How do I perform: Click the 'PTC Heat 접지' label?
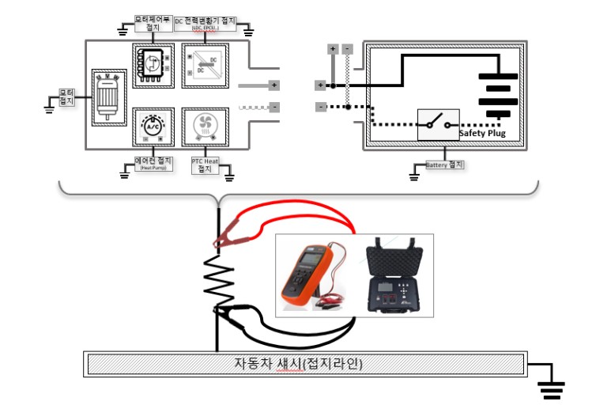pyautogui.click(x=205, y=164)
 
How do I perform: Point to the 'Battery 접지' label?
pyautogui.click(x=444, y=165)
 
